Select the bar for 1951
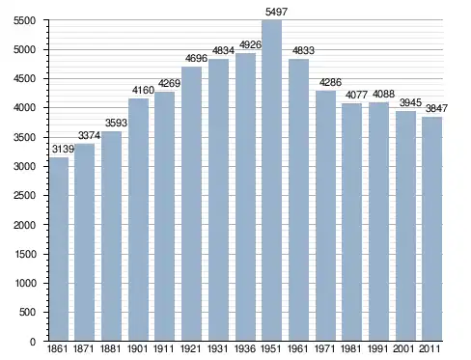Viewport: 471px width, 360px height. (272, 180)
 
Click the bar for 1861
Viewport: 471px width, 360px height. (58, 249)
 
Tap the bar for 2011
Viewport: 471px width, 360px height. (432, 229)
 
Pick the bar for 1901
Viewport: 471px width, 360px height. (138, 220)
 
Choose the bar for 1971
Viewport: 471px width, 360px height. (325, 216)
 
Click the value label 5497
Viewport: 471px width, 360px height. (276, 12)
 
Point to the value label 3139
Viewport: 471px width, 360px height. (63, 149)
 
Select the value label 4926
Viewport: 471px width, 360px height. (250, 44)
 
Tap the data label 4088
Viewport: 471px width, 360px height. (383, 94)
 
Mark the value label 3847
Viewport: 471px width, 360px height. (436, 108)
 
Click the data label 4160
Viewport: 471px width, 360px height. (143, 90)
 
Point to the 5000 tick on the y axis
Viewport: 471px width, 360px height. (24, 50)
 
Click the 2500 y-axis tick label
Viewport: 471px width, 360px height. (24, 196)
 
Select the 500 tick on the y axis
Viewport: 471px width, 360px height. (27, 312)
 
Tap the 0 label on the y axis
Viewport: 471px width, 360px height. (33, 342)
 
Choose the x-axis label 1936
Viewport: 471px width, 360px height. (245, 348)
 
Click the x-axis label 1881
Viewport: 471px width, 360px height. (110, 348)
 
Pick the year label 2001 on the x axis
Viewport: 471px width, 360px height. (404, 348)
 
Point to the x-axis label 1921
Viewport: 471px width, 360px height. (191, 348)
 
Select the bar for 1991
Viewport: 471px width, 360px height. (378, 222)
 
